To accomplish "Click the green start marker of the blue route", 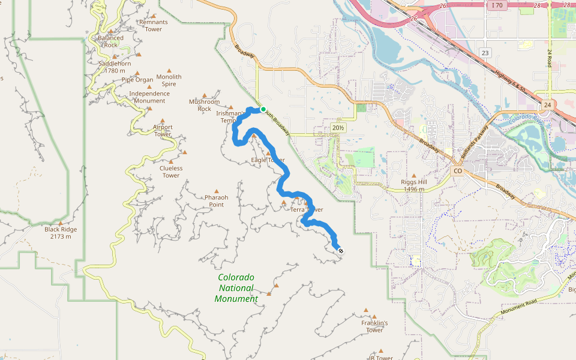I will coord(263,109).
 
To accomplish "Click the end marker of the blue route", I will coord(340,251).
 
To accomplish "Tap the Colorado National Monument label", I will coord(236,288).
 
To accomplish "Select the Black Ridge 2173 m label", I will coord(61,233).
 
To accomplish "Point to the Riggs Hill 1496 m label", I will coord(413,185).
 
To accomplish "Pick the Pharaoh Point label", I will coord(216,200).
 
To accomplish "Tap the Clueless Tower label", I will coord(171,172).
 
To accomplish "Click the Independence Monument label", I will coord(149,97).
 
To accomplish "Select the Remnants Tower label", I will coord(153,25).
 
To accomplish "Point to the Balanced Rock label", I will coord(110,41).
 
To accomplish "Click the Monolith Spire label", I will coord(169,80).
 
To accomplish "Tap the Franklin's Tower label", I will coord(374,326).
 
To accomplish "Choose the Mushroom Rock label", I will coord(204,105).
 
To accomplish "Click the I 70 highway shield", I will coord(495,5).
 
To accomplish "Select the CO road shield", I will coord(458,171).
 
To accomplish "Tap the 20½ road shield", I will coord(338,128).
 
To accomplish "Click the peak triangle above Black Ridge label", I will coord(61,223).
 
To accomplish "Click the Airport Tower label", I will coord(163,130).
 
